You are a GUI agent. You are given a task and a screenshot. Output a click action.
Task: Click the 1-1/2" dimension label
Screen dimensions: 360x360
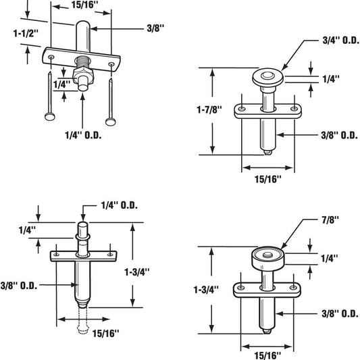(x=26, y=34)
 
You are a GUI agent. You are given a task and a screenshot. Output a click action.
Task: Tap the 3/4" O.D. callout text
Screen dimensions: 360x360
(x=340, y=41)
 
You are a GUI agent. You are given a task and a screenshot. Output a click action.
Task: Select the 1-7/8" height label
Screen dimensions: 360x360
(x=209, y=109)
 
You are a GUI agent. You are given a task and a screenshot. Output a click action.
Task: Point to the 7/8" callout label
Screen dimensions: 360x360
(x=330, y=220)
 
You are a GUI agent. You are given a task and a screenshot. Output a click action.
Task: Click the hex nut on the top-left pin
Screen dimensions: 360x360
(x=83, y=75)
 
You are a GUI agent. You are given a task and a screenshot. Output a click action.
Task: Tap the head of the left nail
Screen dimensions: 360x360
(x=50, y=117)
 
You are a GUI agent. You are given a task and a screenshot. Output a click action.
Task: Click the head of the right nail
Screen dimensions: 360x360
(x=111, y=122)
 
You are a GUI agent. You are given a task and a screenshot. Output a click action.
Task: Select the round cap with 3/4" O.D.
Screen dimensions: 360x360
(x=267, y=77)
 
